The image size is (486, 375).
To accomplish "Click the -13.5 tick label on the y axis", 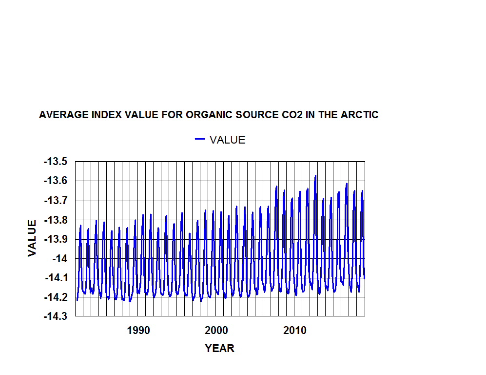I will [x=56, y=162].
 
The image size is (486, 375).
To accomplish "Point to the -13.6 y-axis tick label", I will [x=56, y=181].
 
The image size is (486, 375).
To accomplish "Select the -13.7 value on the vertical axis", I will [x=56, y=201].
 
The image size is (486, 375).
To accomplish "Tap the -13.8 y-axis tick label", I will [x=56, y=220].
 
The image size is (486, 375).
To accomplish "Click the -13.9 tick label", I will [x=56, y=239].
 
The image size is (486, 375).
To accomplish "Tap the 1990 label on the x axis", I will [x=138, y=331].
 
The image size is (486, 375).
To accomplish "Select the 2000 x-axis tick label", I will [x=216, y=331].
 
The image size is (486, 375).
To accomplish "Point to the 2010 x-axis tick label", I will [x=294, y=331].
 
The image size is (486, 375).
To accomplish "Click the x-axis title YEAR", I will [x=219, y=349].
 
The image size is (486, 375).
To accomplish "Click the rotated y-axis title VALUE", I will [x=32, y=238].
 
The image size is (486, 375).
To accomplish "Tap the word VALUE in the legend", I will [x=227, y=140].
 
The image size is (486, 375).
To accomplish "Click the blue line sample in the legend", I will [x=200, y=140].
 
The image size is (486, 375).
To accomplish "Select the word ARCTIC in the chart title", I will [x=360, y=115].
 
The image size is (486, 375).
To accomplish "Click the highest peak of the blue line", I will [x=316, y=176].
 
